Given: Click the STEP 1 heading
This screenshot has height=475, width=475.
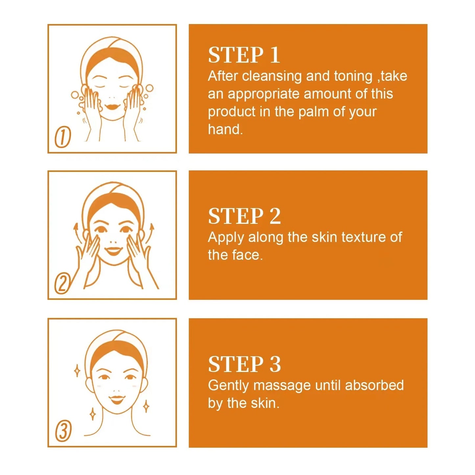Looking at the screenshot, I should (x=244, y=55).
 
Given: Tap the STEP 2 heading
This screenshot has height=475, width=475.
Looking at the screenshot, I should (x=244, y=216).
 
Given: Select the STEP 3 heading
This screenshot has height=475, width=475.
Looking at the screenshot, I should (x=244, y=364).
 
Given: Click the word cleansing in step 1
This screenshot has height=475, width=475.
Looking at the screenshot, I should (x=272, y=76).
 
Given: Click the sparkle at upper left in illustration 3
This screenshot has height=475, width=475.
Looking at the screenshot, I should (x=77, y=371).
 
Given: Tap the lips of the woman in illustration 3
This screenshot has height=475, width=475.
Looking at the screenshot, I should (x=117, y=400).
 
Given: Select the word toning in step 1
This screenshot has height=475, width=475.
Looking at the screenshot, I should (x=353, y=76).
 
